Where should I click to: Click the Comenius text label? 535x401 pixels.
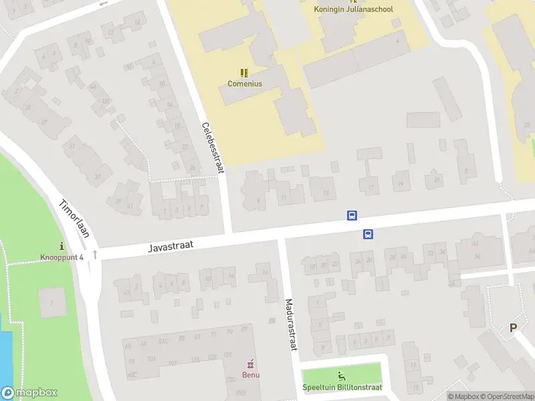pos(245,84)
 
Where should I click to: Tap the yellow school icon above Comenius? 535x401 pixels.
pos(244,72)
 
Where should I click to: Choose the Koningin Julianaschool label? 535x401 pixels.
pos(354,9)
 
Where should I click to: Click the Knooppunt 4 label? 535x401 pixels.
pos(62,257)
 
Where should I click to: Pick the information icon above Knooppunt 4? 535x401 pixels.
pos(62,246)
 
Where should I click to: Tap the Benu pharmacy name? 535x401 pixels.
pos(251,374)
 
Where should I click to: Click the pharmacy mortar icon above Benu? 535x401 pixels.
pos(251,364)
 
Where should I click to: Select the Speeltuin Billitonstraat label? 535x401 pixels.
pos(342,388)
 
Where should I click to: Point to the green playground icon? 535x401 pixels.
pos(342,376)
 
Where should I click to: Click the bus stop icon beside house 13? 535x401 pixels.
pos(352,215)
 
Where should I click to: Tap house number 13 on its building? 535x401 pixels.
pos(326,193)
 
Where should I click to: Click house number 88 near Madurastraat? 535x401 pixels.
pos(272,321)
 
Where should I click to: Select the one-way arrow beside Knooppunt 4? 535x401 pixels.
pos(95,254)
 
